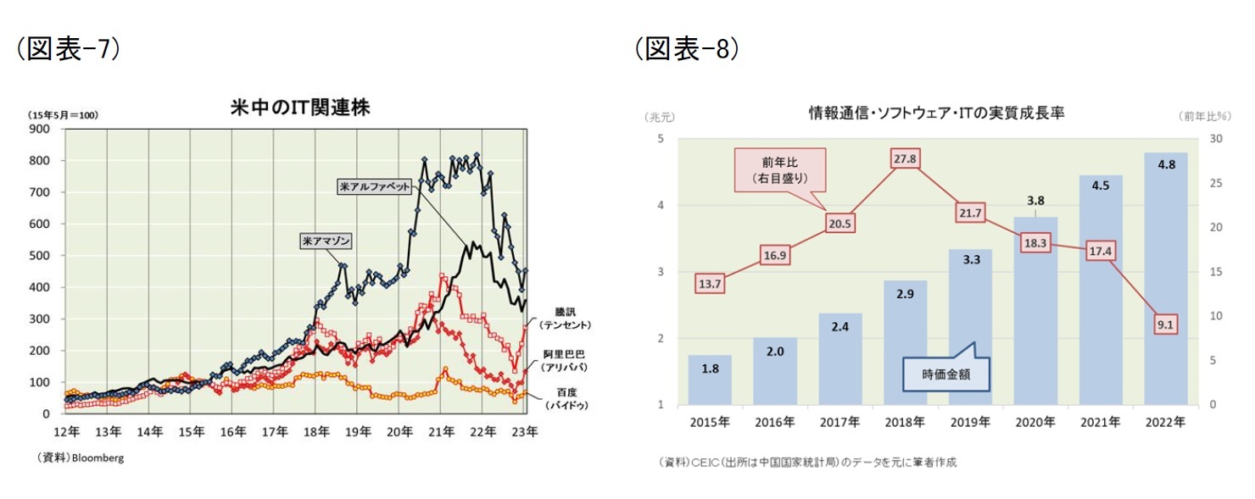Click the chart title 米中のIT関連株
click(300, 108)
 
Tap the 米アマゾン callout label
click(326, 241)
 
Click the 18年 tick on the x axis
click(315, 432)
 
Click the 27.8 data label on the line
click(906, 158)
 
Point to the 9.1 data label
click(1165, 324)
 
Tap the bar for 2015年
click(710, 380)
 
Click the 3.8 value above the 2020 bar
click(1035, 201)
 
